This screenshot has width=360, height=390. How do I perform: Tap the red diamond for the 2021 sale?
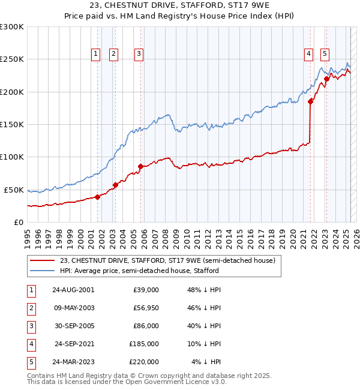311,101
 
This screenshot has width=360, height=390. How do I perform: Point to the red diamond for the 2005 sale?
140,166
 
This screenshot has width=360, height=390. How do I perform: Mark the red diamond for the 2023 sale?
326,79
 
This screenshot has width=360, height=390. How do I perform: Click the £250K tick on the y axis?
12,59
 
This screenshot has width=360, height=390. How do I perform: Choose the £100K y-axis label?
12,157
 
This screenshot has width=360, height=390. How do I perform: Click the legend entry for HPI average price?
139,271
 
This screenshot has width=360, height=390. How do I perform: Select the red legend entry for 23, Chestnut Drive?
167,260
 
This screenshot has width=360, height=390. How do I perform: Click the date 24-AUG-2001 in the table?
73,290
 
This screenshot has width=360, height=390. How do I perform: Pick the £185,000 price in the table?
145,344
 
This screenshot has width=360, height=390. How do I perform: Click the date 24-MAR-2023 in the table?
73,362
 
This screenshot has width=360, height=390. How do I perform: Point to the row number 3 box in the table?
30,326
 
